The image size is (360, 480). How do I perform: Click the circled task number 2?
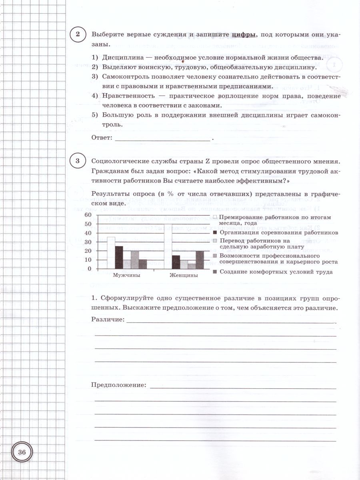click(78, 35)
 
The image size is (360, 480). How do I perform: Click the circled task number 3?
click(78, 161)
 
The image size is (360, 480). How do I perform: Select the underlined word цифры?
click(243, 35)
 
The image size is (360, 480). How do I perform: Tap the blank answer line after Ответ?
click(162, 138)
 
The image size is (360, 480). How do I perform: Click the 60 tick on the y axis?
click(88, 215)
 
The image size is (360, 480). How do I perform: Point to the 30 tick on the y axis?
click(88, 242)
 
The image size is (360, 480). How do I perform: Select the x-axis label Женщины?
click(184, 276)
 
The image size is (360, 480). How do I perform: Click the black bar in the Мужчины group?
click(119, 257)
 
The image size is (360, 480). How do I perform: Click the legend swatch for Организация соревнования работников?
click(215, 232)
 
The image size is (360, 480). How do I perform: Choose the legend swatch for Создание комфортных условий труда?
click(215, 272)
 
